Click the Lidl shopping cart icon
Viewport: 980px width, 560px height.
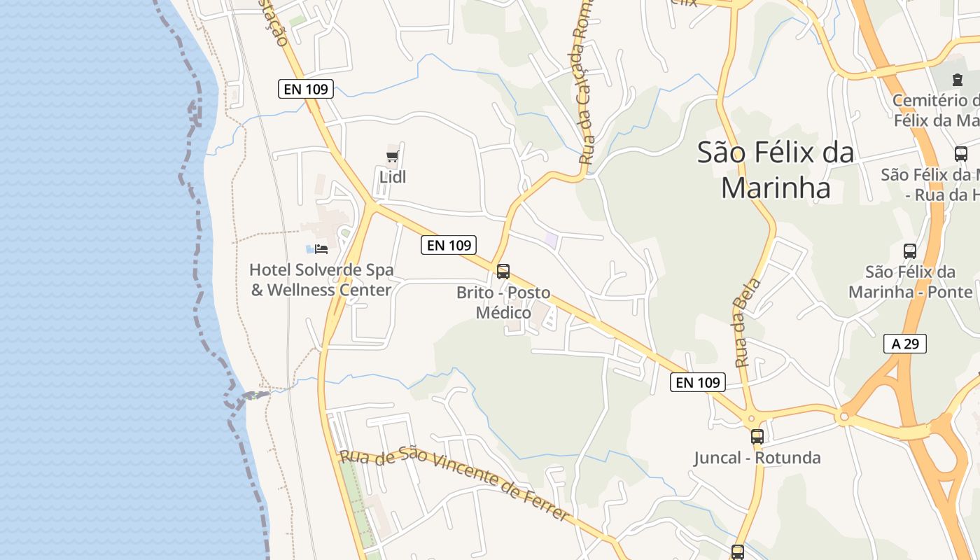click(x=393, y=156)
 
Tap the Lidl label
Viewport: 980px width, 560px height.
click(x=393, y=177)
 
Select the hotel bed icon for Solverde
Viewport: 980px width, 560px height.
click(x=321, y=248)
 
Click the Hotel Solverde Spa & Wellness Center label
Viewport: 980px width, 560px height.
click(x=321, y=279)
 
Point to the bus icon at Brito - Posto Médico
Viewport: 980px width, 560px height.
click(x=503, y=272)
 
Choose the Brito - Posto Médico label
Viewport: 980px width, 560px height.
click(x=503, y=302)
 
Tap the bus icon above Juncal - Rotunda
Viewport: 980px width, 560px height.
click(x=757, y=437)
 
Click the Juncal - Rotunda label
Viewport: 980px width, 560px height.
click(x=757, y=458)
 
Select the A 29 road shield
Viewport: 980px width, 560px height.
click(x=905, y=344)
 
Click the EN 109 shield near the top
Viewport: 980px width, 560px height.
click(x=306, y=89)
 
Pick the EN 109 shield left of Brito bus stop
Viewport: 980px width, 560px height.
click(x=449, y=245)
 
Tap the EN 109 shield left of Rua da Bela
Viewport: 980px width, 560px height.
click(x=698, y=382)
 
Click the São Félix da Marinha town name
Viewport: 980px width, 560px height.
click(x=776, y=170)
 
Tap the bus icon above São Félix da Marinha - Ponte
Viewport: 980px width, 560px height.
click(x=910, y=251)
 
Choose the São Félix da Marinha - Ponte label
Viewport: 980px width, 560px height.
click(x=910, y=281)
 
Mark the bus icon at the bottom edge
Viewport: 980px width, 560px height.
click(x=738, y=552)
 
